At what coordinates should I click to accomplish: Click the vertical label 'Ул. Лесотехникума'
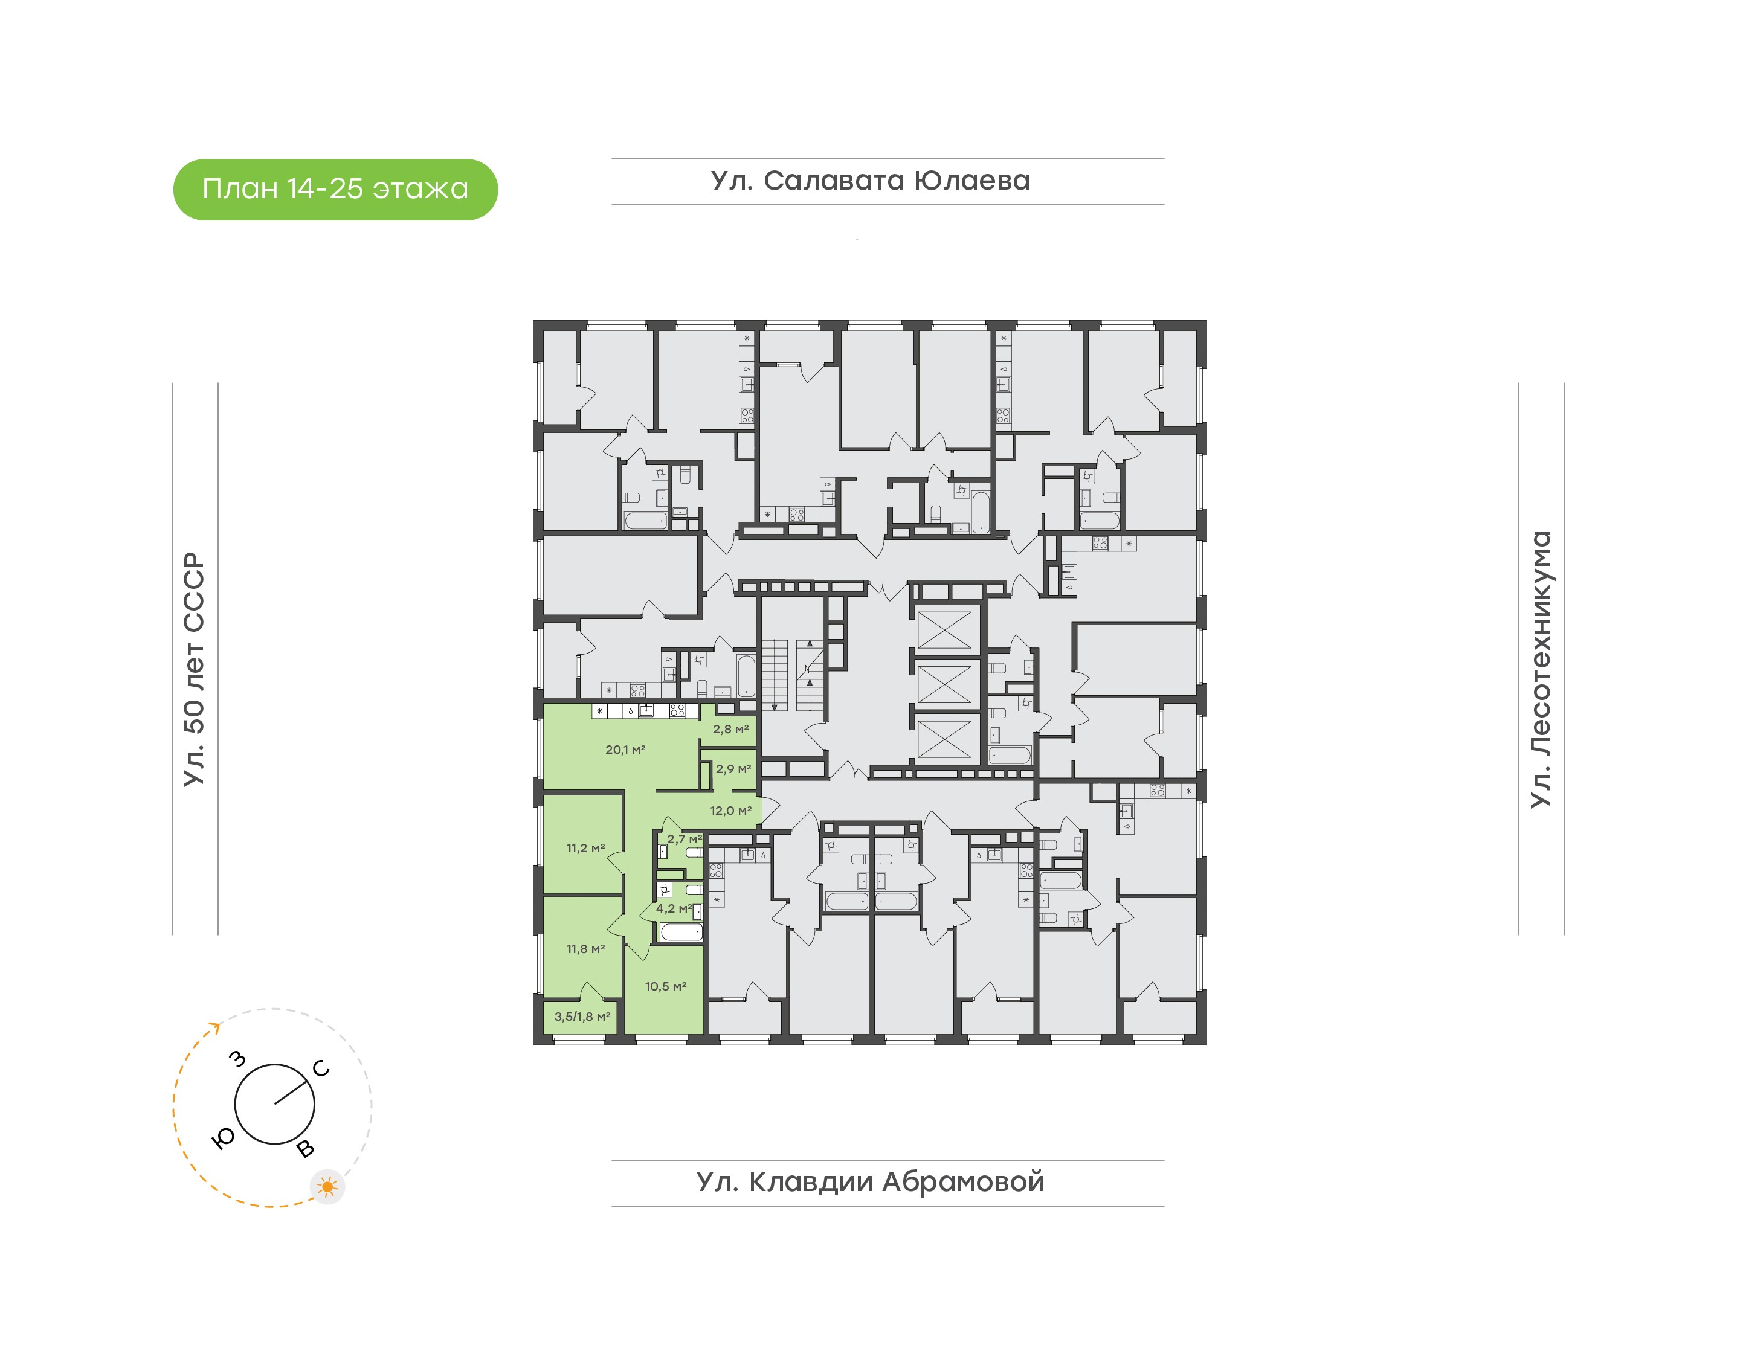click(x=1539, y=669)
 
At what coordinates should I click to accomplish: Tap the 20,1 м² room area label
click(x=625, y=750)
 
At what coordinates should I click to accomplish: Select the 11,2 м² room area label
click(x=586, y=848)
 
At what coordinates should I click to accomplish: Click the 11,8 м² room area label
click(x=586, y=949)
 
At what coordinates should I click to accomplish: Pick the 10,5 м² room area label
click(x=666, y=986)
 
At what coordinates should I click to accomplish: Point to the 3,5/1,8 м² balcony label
click(x=582, y=1017)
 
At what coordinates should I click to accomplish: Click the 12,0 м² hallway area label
click(x=730, y=811)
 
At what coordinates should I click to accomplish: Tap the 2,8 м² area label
click(x=730, y=729)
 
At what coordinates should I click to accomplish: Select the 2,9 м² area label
click(x=733, y=769)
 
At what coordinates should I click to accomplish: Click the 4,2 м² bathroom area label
click(x=674, y=908)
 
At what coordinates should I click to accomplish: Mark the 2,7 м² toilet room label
click(x=684, y=839)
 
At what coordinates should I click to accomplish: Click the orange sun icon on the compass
click(x=327, y=1187)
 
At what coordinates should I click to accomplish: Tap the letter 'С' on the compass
click(x=321, y=1068)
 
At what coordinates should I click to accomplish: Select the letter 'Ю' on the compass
click(x=224, y=1138)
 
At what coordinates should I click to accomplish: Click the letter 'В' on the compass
click(x=305, y=1149)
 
